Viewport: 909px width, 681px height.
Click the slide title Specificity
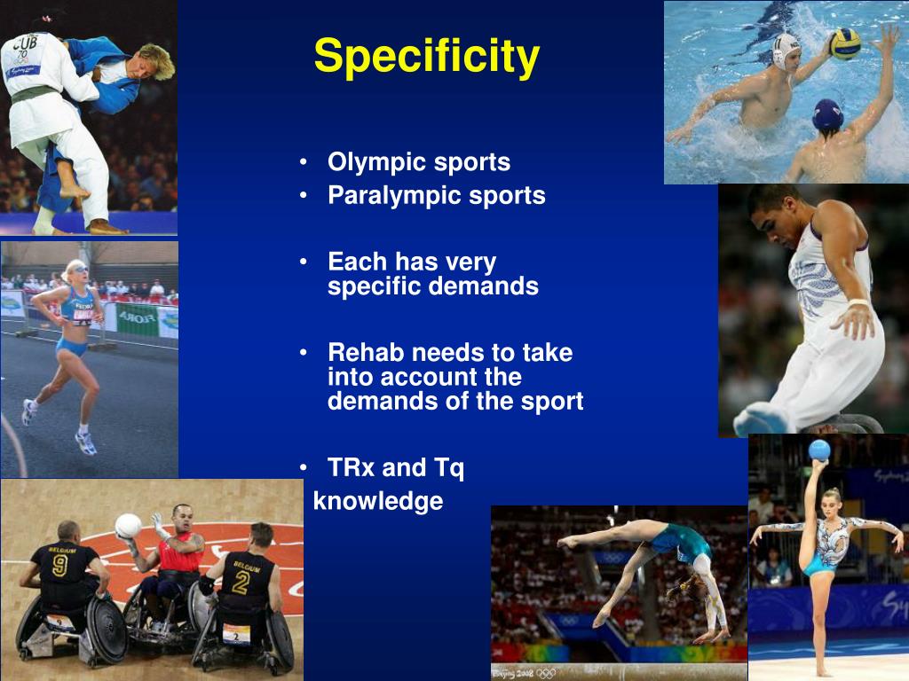pos(426,57)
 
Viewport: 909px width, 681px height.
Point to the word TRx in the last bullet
pos(351,467)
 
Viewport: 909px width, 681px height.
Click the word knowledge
pos(378,501)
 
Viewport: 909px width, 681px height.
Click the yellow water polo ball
pos(844,43)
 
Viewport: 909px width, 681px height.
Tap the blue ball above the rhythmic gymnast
pos(819,450)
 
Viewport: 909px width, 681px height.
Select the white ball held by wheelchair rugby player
pos(128,526)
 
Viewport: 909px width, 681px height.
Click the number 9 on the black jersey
pos(59,566)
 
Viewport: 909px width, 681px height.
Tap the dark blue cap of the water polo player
pos(828,113)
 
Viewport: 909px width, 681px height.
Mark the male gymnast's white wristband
pos(857,304)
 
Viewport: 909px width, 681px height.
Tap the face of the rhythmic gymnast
pos(831,503)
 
